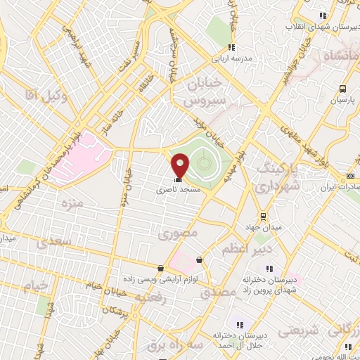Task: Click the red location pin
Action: pyautogui.click(x=180, y=165)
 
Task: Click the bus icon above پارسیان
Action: pyautogui.click(x=343, y=89)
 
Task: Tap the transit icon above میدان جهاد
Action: pyautogui.click(x=263, y=217)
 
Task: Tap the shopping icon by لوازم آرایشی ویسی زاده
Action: pyautogui.click(x=162, y=268)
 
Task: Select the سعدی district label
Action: pyautogui.click(x=56, y=242)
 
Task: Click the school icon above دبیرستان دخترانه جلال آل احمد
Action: pyautogui.click(x=239, y=325)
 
